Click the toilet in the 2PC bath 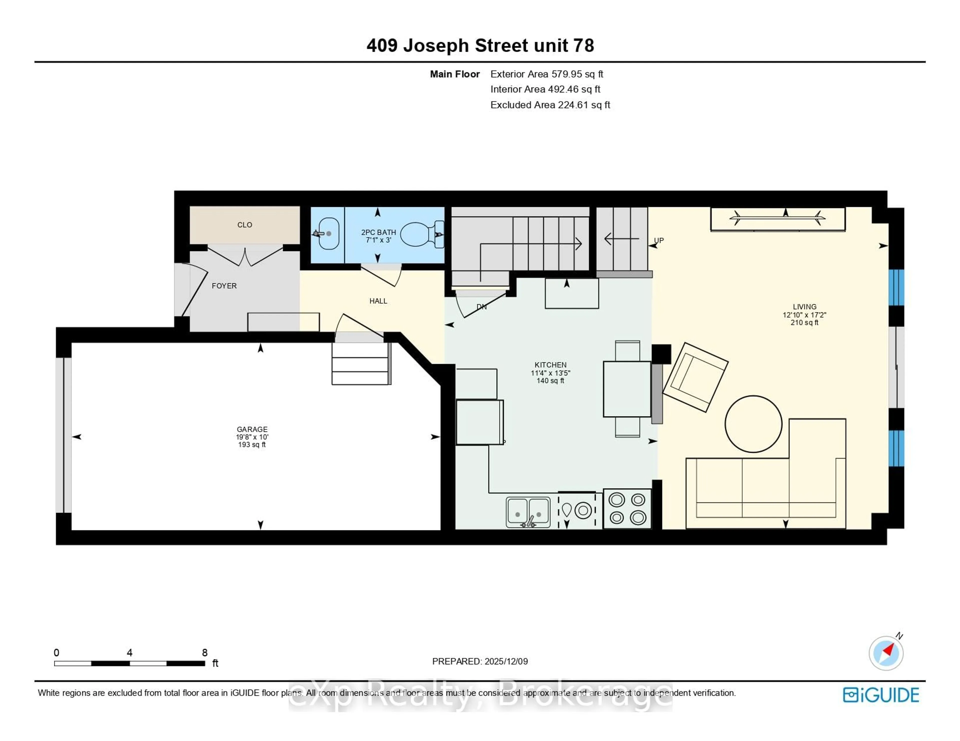pos(420,234)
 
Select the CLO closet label pos(244,225)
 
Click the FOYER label pos(224,286)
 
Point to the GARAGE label pos(252,429)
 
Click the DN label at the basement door pos(482,307)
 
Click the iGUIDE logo pos(881,695)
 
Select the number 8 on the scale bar pos(204,653)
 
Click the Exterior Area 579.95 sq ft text pos(547,74)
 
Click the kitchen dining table pos(627,389)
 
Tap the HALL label pos(378,301)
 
